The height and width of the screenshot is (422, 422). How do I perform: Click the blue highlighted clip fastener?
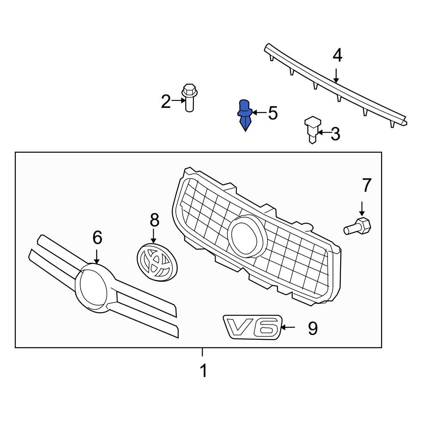[x=245, y=114]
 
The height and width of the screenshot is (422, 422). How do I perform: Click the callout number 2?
[x=166, y=101]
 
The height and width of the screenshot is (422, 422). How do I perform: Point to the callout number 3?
[x=335, y=134]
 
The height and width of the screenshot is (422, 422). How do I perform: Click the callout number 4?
[x=338, y=56]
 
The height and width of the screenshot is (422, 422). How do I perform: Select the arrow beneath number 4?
[x=336, y=75]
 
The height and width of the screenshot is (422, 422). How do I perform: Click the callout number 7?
[x=365, y=185]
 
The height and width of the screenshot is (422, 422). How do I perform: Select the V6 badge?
[x=252, y=326]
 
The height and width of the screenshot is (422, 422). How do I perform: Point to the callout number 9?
[x=312, y=328]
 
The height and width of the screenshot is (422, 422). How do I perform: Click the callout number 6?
[x=97, y=238]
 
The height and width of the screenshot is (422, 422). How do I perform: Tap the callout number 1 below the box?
[x=203, y=371]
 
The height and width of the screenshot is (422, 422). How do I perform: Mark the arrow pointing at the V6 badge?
[x=289, y=327]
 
